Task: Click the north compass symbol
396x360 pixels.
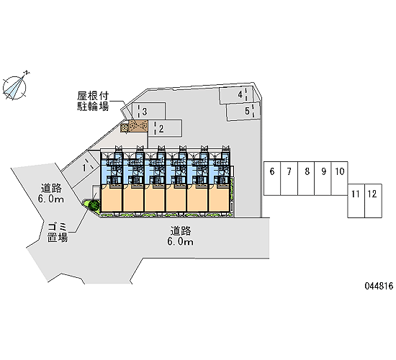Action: pos(15,86)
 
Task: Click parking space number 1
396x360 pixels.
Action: pos(81,168)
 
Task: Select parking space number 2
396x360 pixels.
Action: pos(165,129)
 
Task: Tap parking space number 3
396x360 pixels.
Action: pos(148,111)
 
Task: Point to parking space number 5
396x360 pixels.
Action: pos(243,111)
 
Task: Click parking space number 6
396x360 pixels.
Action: pos(272,179)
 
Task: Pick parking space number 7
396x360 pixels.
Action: pos(289,179)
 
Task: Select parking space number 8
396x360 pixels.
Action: pos(306,179)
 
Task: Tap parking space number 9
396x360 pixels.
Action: pos(323,179)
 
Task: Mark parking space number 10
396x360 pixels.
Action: pos(339,179)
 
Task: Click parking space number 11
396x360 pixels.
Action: pos(356,201)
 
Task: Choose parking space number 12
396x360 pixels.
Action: pos(373,201)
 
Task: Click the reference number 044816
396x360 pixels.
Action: pos(379,286)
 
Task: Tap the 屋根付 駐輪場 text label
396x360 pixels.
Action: pos(93,101)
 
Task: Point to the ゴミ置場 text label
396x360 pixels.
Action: pos(58,233)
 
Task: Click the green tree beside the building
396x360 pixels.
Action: pos(94,205)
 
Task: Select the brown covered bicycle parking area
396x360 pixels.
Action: pos(134,126)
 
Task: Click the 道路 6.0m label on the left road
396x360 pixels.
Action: pos(51,194)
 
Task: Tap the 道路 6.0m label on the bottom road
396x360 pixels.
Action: pos(180,236)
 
